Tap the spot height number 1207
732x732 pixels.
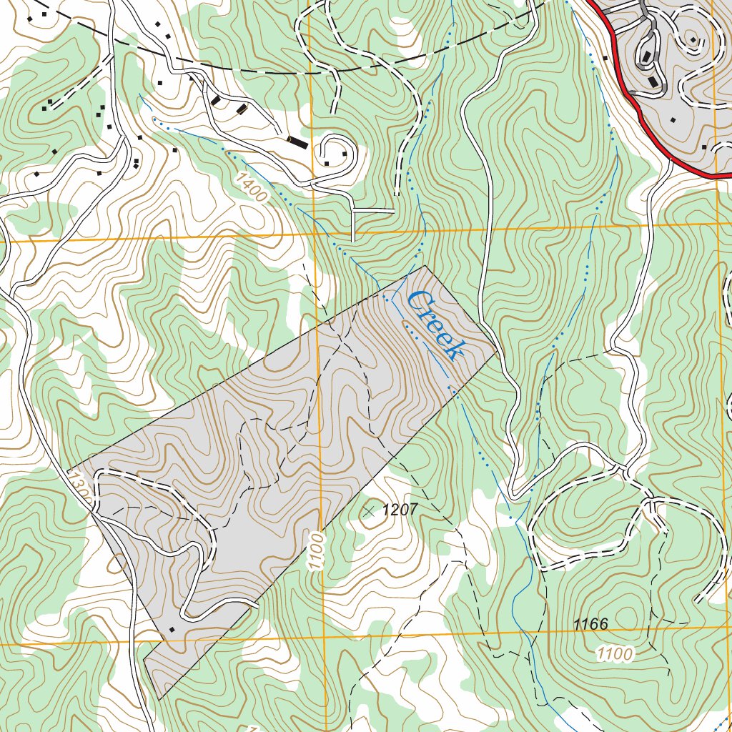pyautogui.click(x=400, y=510)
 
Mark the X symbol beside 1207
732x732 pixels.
pyautogui.click(x=369, y=511)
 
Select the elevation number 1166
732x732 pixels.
pyautogui.click(x=590, y=624)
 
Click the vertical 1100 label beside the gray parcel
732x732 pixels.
pyautogui.click(x=317, y=550)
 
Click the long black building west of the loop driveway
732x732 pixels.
pyautogui.click(x=297, y=142)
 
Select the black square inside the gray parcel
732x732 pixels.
pyautogui.click(x=172, y=629)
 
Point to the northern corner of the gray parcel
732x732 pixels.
pyautogui.click(x=425, y=266)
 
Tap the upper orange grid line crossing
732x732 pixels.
pyautogui.click(x=314, y=234)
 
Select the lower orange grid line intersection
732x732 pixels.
pyautogui.click(x=323, y=637)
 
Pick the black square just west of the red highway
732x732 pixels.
pyautogui.click(x=605, y=57)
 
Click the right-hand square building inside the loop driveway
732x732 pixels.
pyautogui.click(x=345, y=153)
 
